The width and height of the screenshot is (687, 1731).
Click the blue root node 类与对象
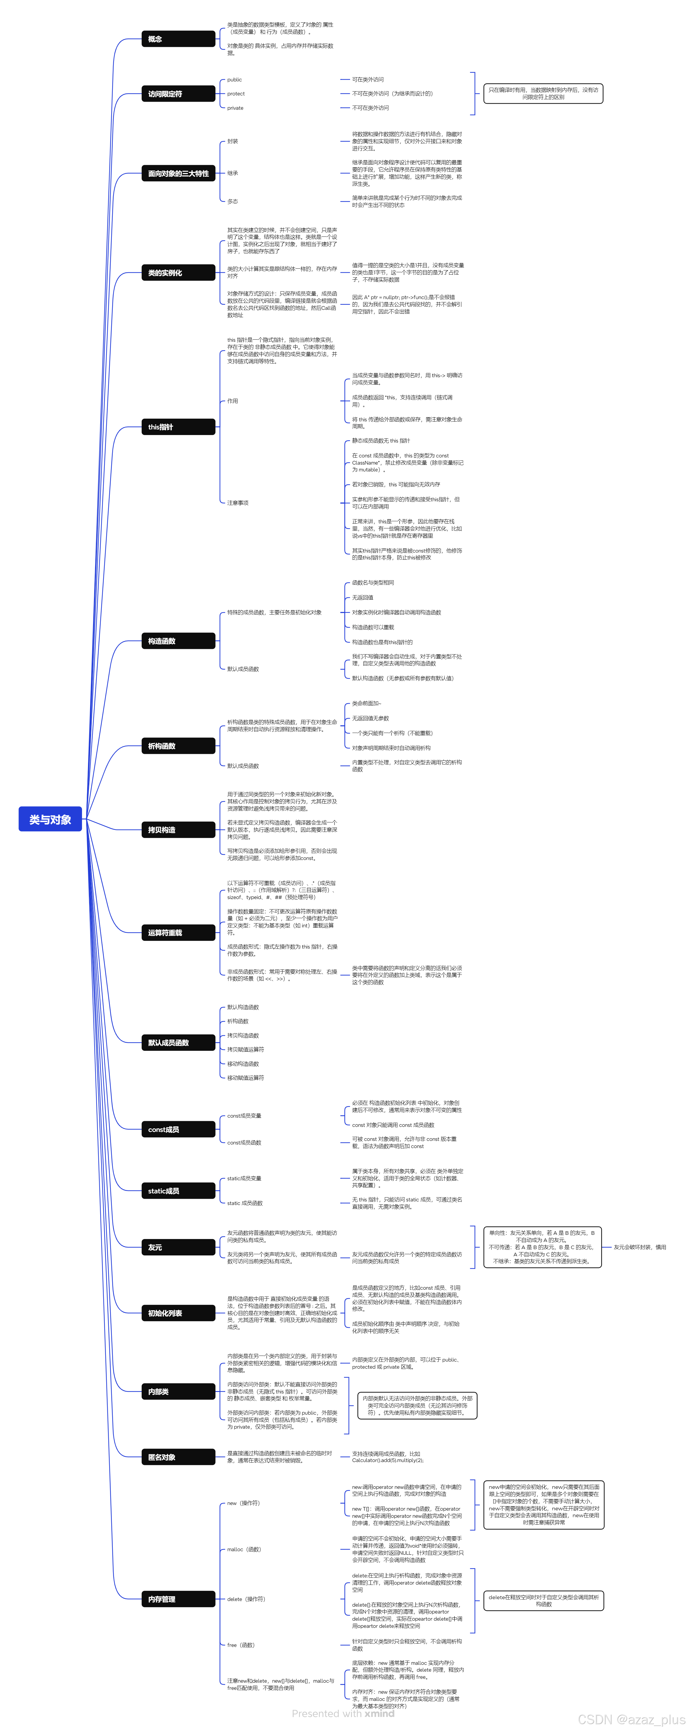[x=50, y=819]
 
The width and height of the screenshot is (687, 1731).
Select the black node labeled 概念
[x=178, y=39]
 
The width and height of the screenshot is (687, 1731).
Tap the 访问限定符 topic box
[x=178, y=94]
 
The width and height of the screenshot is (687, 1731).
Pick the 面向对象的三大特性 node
[x=178, y=173]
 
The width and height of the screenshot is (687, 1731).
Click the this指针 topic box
[x=178, y=427]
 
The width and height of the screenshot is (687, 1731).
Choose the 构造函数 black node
[x=178, y=641]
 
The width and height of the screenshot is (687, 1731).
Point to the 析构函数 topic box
[x=178, y=746]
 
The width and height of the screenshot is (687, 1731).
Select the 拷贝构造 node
[x=178, y=830]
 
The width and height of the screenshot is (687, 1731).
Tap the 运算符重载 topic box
[x=178, y=933]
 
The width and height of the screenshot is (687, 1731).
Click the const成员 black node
[x=178, y=1130]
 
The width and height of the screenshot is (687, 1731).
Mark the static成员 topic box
[x=178, y=1191]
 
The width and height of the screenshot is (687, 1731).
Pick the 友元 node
[x=178, y=1247]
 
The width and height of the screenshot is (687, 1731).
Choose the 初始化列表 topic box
[x=178, y=1313]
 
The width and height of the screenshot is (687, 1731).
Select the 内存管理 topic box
[x=178, y=1599]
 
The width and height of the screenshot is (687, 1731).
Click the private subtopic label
[x=235, y=108]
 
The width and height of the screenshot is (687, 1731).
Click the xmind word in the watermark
[x=380, y=1713]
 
